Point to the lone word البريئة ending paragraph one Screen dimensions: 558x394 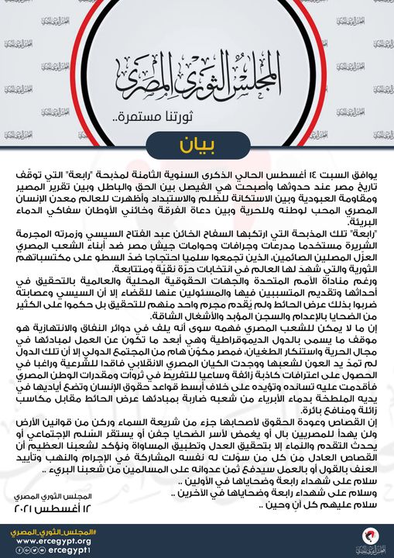click(365, 220)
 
